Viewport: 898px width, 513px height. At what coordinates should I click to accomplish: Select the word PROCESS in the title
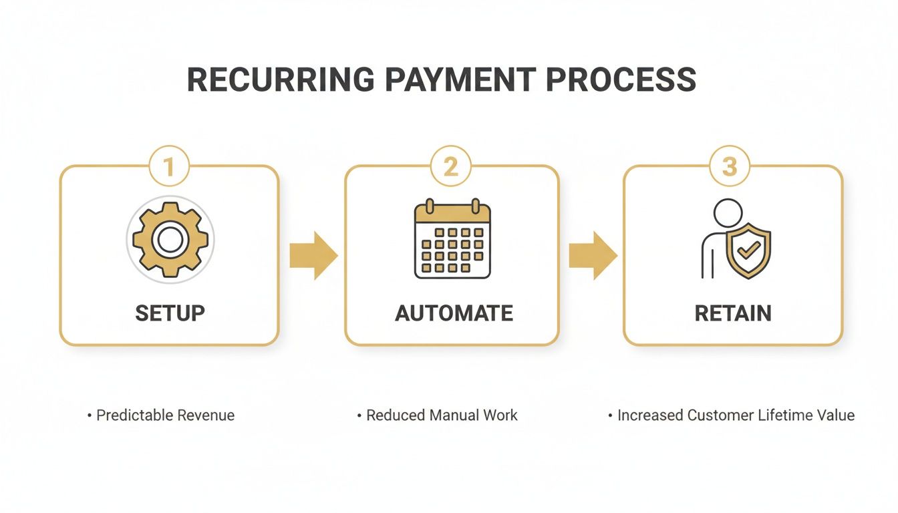click(621, 80)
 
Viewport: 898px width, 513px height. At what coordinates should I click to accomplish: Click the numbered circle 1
click(169, 166)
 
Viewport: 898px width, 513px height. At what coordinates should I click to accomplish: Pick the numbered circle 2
click(451, 166)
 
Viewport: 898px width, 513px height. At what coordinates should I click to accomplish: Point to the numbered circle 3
click(730, 166)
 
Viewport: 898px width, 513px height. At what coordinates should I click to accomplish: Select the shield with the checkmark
click(748, 250)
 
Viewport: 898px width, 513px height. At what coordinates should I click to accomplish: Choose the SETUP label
click(170, 313)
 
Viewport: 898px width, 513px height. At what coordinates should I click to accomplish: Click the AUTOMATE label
click(454, 313)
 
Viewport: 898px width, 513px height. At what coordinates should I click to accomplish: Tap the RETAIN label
click(733, 313)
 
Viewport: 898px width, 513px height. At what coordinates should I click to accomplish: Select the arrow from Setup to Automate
click(313, 256)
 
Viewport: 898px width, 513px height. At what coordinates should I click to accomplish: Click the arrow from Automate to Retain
click(593, 256)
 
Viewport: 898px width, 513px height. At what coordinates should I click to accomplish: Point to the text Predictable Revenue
click(165, 415)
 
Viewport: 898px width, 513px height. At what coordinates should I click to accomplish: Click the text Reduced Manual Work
click(442, 415)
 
